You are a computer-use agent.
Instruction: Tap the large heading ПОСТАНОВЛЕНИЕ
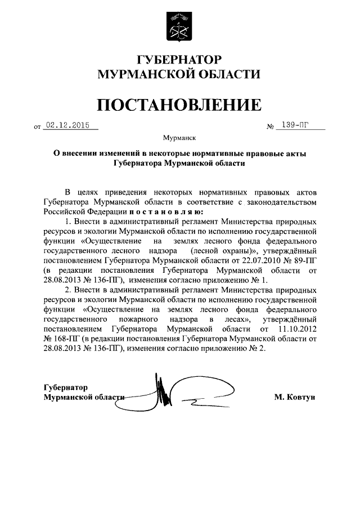pyautogui.click(x=179, y=104)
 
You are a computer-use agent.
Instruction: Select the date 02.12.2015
pyautogui.click(x=67, y=127)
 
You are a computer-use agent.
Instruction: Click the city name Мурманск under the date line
pyautogui.click(x=179, y=137)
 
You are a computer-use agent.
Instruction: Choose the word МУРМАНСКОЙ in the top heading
pyautogui.click(x=133, y=75)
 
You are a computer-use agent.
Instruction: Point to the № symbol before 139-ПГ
pyautogui.click(x=269, y=127)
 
